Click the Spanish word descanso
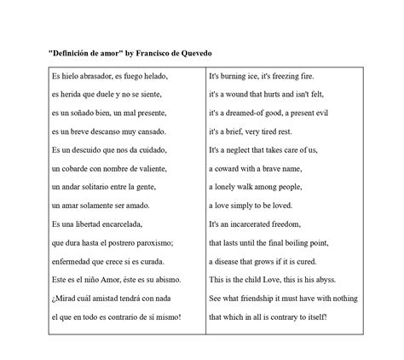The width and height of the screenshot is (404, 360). [x=117, y=131]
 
